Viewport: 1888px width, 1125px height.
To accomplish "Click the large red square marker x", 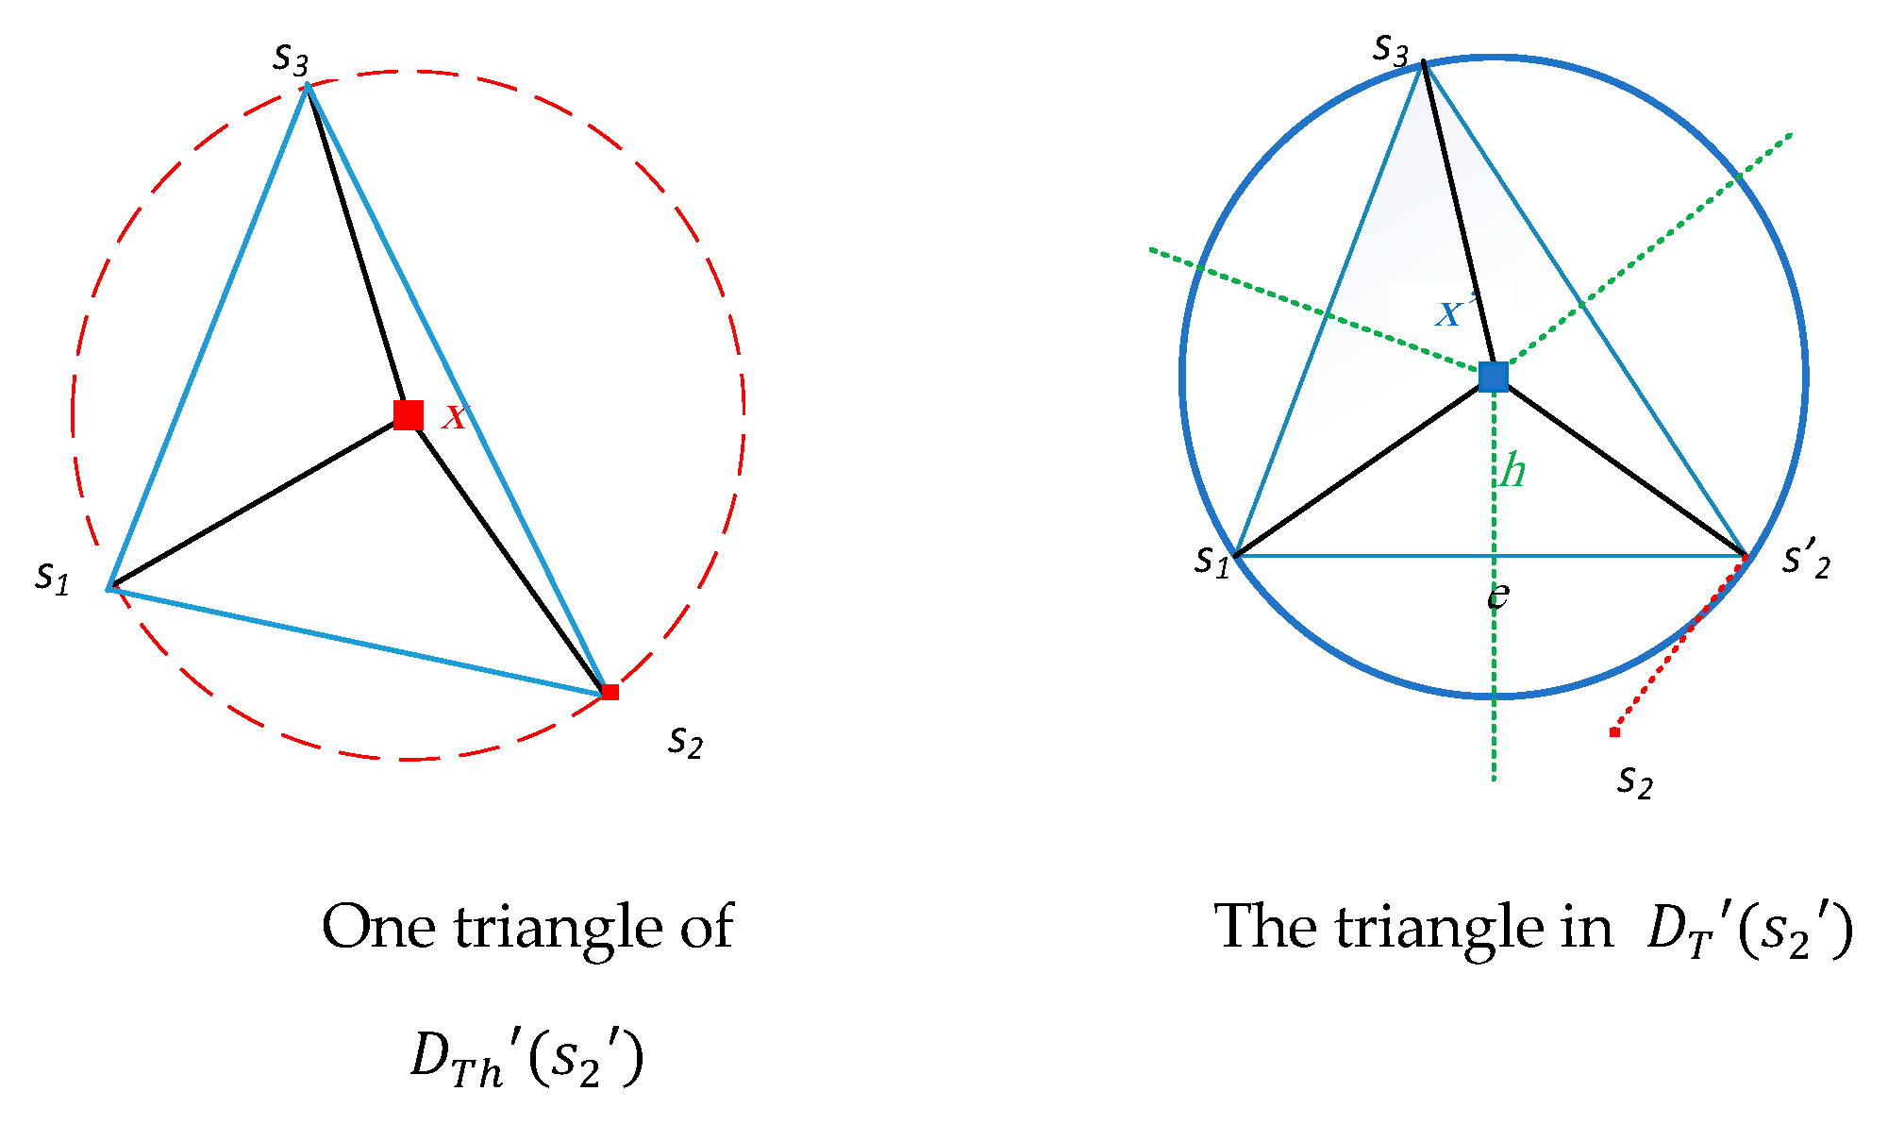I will [409, 414].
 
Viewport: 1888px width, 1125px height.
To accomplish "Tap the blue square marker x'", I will [1494, 377].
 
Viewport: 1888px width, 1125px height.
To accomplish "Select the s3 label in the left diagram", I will [291, 59].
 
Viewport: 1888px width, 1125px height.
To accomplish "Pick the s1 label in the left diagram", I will [53, 576].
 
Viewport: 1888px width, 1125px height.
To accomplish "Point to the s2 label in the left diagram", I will [686, 742].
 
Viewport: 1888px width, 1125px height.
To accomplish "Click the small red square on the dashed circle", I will [610, 692].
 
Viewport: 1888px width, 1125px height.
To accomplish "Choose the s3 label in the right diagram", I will [1391, 47].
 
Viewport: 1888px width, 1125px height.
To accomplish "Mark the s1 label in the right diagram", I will [1212, 561].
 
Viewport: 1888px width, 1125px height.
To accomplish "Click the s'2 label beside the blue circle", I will [1807, 561].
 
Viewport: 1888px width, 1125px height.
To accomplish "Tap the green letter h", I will [1512, 470].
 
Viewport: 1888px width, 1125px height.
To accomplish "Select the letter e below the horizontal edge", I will [1498, 596].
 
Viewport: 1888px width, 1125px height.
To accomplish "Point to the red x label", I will [455, 415].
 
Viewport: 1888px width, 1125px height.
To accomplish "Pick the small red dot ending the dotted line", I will [1614, 732].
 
